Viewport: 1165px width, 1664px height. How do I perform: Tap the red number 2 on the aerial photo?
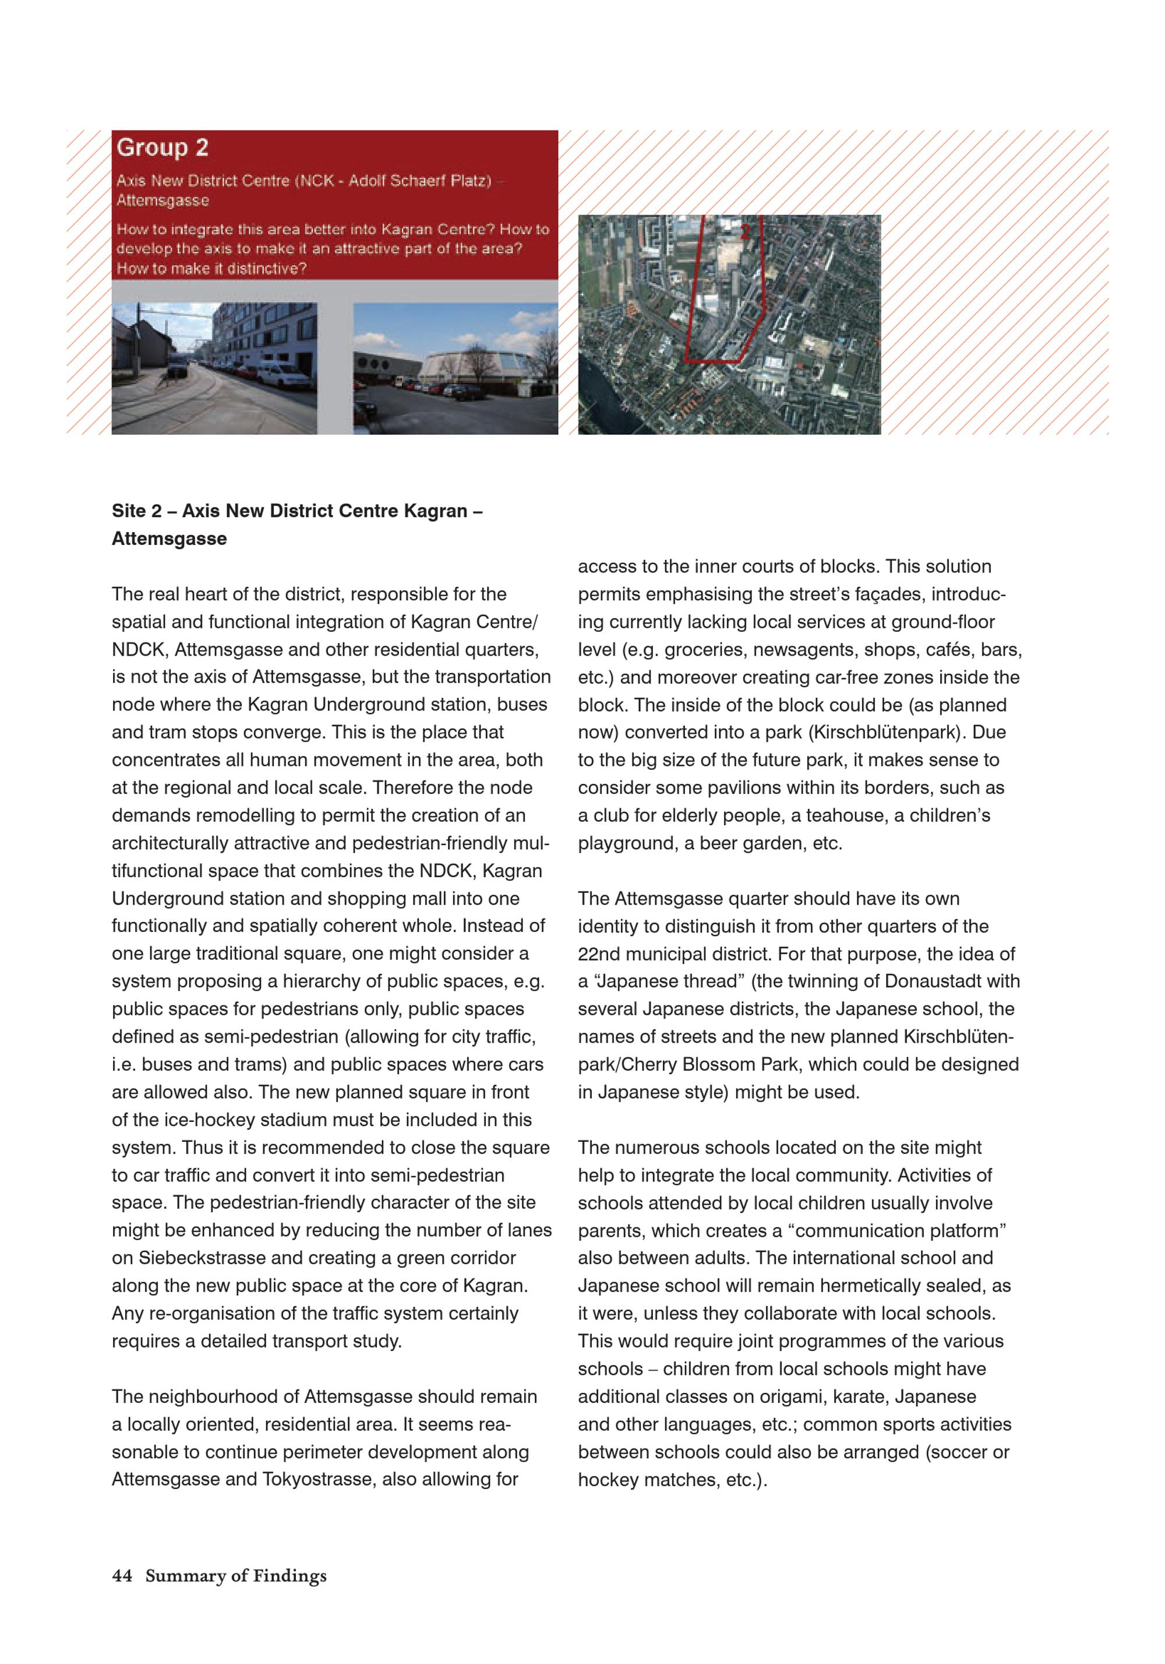point(745,232)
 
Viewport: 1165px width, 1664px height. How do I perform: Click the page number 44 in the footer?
point(122,1575)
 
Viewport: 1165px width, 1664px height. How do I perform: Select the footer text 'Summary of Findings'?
point(235,1575)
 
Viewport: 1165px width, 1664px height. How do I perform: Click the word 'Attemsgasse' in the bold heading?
point(169,539)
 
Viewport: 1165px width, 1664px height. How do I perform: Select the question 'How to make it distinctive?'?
point(211,268)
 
